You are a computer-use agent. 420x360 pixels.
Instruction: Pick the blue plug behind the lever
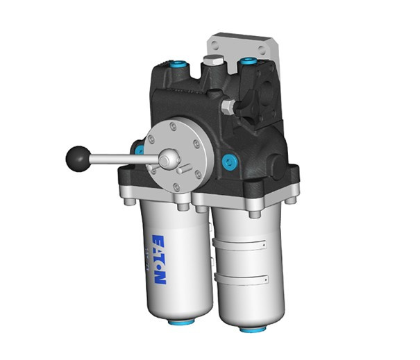[140, 148]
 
